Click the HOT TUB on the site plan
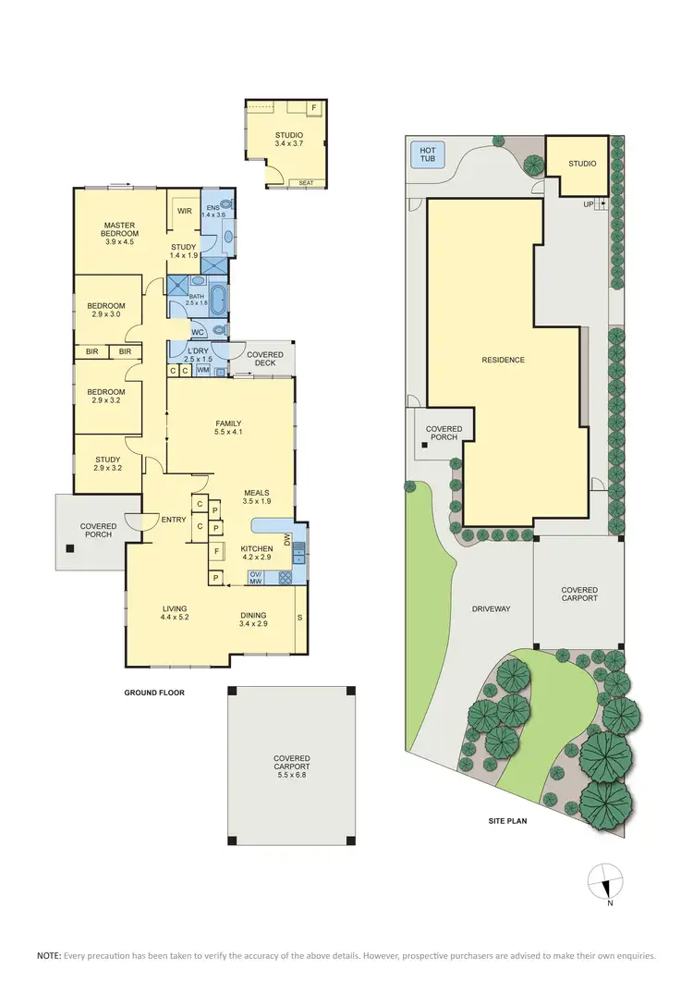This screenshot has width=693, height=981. pyautogui.click(x=428, y=154)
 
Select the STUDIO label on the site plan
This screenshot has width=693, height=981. pyautogui.click(x=582, y=164)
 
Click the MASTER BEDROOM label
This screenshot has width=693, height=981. pyautogui.click(x=121, y=229)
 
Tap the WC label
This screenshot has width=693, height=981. pyautogui.click(x=198, y=332)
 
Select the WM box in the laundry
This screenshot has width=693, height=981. pyautogui.click(x=203, y=371)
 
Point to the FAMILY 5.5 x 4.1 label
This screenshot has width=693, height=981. pyautogui.click(x=228, y=428)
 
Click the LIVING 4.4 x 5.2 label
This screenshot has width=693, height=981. pyautogui.click(x=175, y=613)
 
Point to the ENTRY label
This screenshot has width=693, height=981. pyautogui.click(x=174, y=520)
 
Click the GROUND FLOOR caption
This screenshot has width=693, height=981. pyautogui.click(x=155, y=692)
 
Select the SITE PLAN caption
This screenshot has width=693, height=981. pyautogui.click(x=507, y=820)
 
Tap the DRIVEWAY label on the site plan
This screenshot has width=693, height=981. pyautogui.click(x=491, y=608)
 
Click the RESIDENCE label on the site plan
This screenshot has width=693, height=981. pyautogui.click(x=503, y=360)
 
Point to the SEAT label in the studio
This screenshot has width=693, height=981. pyautogui.click(x=306, y=183)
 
